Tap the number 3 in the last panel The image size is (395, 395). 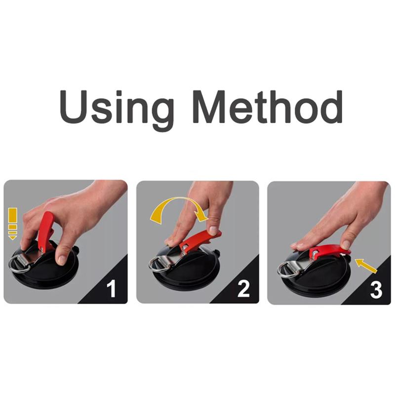click(376, 290)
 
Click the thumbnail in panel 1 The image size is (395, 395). click(61, 258)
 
